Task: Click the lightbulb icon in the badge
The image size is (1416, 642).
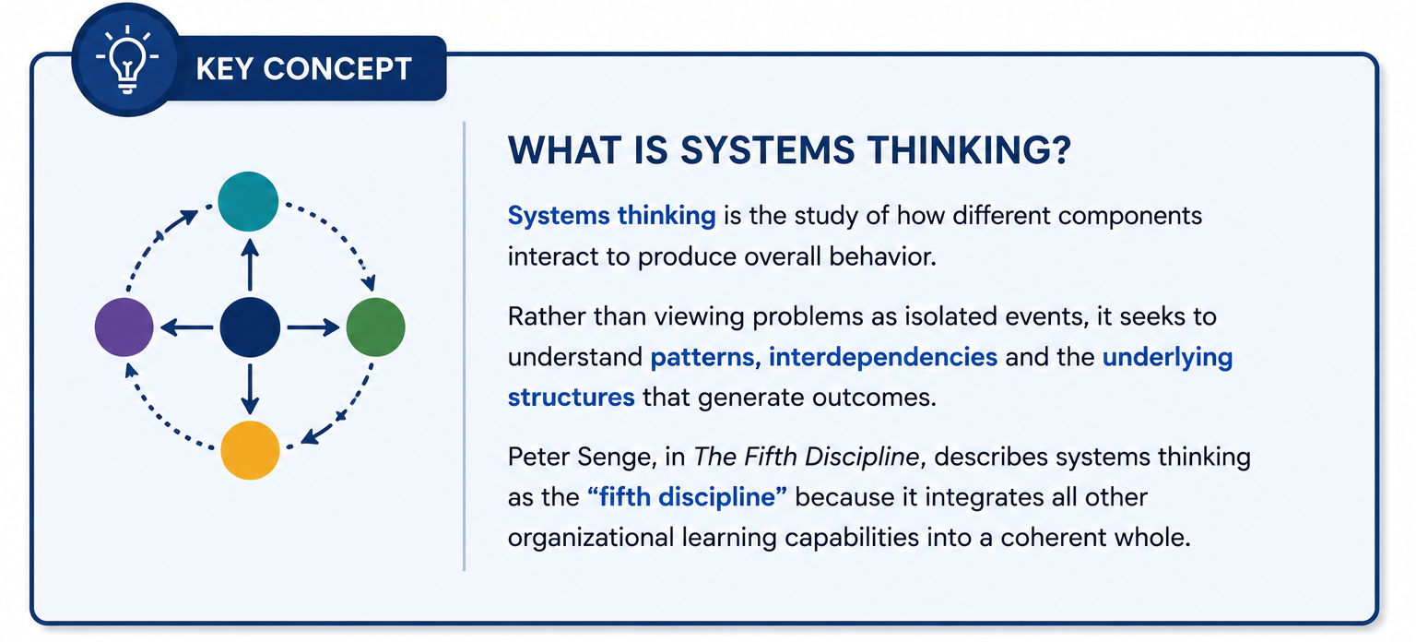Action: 128,60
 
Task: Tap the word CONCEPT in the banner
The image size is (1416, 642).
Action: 337,69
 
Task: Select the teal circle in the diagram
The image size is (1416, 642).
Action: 248,201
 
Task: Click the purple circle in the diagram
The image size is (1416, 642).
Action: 124,327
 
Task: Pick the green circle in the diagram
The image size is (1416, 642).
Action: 375,327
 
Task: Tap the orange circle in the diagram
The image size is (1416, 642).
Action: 251,450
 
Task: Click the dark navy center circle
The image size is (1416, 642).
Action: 251,327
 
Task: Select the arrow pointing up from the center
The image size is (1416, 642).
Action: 251,265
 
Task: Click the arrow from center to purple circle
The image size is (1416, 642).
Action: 186,327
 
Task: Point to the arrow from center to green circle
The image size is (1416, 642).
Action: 313,327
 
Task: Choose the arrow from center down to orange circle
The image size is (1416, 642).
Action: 251,389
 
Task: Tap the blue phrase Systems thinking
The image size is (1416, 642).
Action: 612,217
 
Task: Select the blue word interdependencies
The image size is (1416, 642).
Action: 883,357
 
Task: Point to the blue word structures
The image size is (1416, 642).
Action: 572,398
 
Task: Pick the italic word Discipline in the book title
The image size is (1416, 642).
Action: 862,457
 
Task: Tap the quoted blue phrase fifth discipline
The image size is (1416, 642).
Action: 687,497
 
